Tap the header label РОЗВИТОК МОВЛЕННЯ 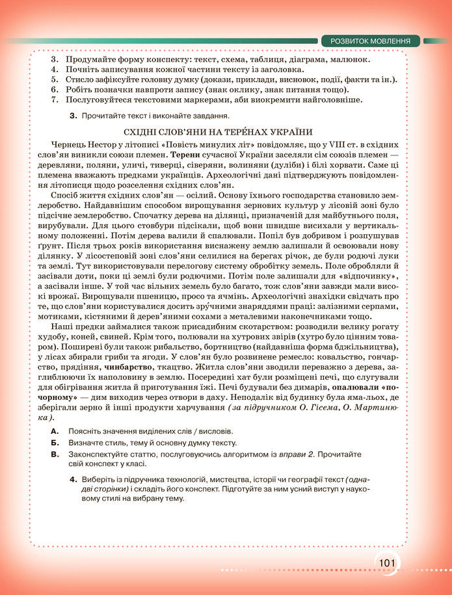[370, 41]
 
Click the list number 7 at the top [54, 100]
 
